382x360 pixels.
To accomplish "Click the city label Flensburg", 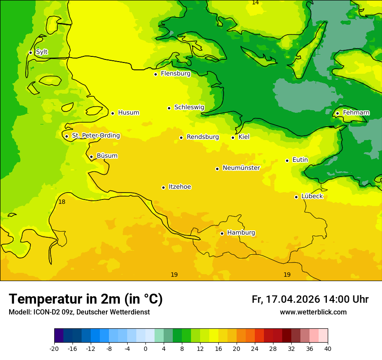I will tap(175, 74).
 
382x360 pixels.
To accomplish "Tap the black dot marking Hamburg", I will tap(222, 233).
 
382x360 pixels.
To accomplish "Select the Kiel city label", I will tap(244, 137).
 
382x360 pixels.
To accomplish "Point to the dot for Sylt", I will tap(30, 52).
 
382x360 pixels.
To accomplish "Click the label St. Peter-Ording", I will tap(95, 136).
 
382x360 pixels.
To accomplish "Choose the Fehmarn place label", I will tap(356, 113).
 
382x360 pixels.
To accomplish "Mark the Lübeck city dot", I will tap(296, 197).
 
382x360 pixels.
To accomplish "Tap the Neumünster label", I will tap(241, 168).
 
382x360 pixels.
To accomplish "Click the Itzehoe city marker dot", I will tap(163, 187).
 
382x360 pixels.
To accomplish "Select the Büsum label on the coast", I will tap(107, 156).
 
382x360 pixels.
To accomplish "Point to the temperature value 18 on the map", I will tap(62, 202).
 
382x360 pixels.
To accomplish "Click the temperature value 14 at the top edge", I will tap(255, 3).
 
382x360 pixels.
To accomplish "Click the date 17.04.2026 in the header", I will tap(293, 299).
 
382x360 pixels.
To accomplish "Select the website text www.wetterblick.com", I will tap(313, 312).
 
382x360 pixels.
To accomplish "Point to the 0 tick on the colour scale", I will tap(145, 349).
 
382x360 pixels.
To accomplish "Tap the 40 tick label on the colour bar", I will tap(327, 349).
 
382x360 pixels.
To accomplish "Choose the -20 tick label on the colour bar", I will tap(54, 349).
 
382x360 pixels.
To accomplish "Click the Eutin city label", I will tap(300, 160).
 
